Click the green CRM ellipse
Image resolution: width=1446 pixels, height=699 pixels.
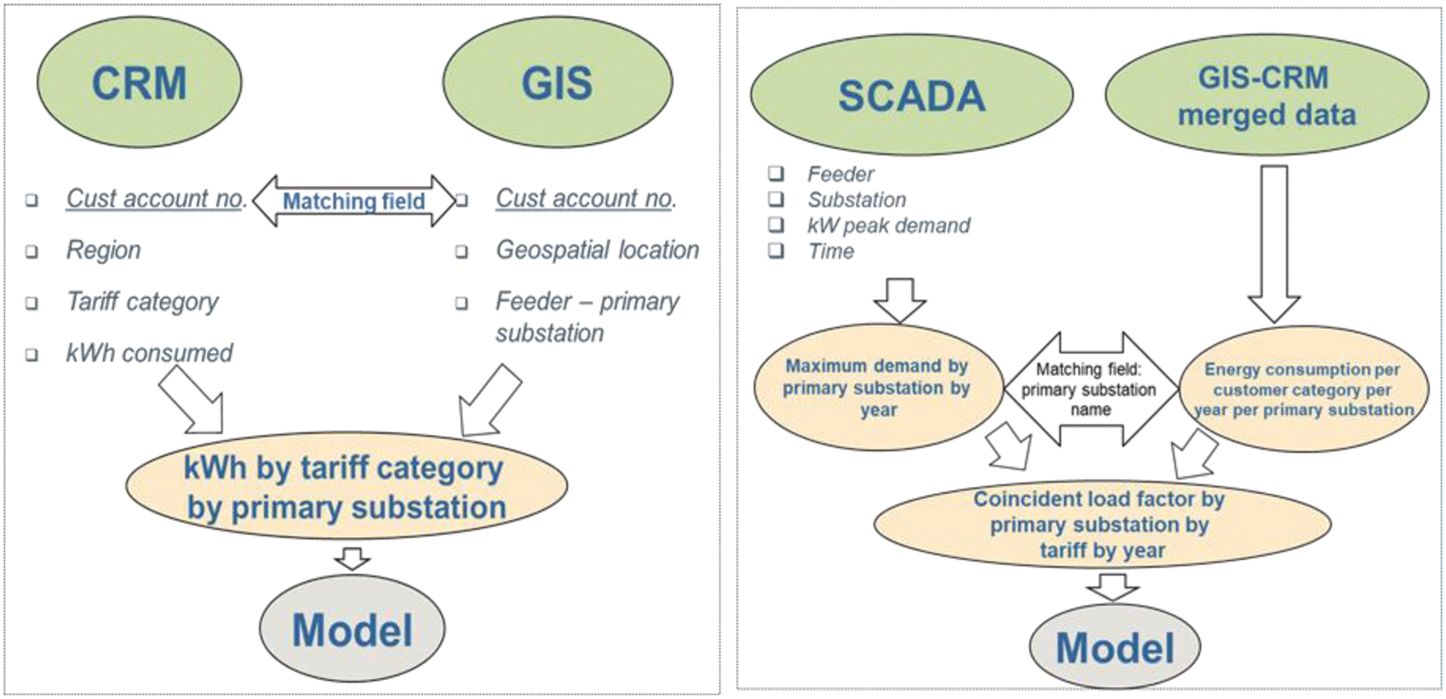[x=139, y=82]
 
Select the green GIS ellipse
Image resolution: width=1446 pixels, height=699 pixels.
[x=557, y=82]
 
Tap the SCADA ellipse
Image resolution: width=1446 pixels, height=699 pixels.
[x=912, y=95]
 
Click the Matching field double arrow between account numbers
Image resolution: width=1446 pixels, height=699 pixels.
[x=354, y=201]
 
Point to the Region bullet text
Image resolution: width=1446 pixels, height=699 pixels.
[x=104, y=251]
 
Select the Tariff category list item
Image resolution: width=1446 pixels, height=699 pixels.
[x=142, y=302]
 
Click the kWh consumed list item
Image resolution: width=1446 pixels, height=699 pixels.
[x=149, y=353]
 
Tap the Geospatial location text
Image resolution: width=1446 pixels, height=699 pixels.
[x=597, y=251]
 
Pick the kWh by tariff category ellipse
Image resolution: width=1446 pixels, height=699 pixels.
[x=346, y=487]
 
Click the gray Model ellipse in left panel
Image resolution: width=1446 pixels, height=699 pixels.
[x=352, y=629]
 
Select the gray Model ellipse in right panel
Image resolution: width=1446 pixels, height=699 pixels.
[x=1115, y=647]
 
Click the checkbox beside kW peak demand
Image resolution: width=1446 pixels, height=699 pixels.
[x=776, y=225]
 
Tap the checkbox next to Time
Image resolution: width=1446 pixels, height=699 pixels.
[x=776, y=251]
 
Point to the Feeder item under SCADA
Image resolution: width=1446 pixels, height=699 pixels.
[x=840, y=174]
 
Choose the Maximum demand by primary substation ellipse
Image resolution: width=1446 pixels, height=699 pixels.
[x=877, y=388]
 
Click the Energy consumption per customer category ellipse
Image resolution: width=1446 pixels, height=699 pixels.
[x=1303, y=390]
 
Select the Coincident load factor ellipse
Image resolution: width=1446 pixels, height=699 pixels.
[x=1101, y=525]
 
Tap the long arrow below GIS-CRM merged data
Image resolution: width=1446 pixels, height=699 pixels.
[x=1274, y=244]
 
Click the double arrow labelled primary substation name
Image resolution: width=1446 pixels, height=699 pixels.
[x=1090, y=389]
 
